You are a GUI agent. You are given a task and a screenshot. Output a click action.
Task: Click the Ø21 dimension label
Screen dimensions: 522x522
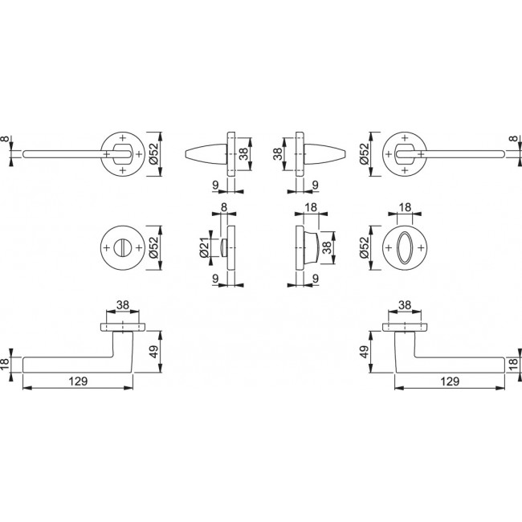click(x=205, y=247)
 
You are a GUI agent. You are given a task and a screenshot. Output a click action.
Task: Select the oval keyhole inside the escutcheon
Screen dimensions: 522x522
click(x=405, y=247)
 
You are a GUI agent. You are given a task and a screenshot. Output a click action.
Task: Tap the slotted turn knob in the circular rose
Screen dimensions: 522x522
click(x=122, y=247)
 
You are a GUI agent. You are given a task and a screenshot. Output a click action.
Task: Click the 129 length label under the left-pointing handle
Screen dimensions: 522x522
click(x=78, y=381)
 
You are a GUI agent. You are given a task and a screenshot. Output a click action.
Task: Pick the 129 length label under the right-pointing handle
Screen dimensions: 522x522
click(x=450, y=381)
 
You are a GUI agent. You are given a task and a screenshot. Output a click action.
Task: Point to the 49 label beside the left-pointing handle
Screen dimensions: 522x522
click(x=154, y=352)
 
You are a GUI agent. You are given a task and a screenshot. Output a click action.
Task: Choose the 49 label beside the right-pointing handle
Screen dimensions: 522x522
click(x=365, y=352)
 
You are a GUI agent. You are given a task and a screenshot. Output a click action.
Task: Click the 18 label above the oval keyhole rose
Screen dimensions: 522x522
click(x=405, y=208)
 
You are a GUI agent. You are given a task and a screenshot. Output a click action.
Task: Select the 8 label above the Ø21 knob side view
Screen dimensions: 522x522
click(x=224, y=208)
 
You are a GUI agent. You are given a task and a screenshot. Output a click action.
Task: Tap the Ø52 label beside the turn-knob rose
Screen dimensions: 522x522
click(x=154, y=247)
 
